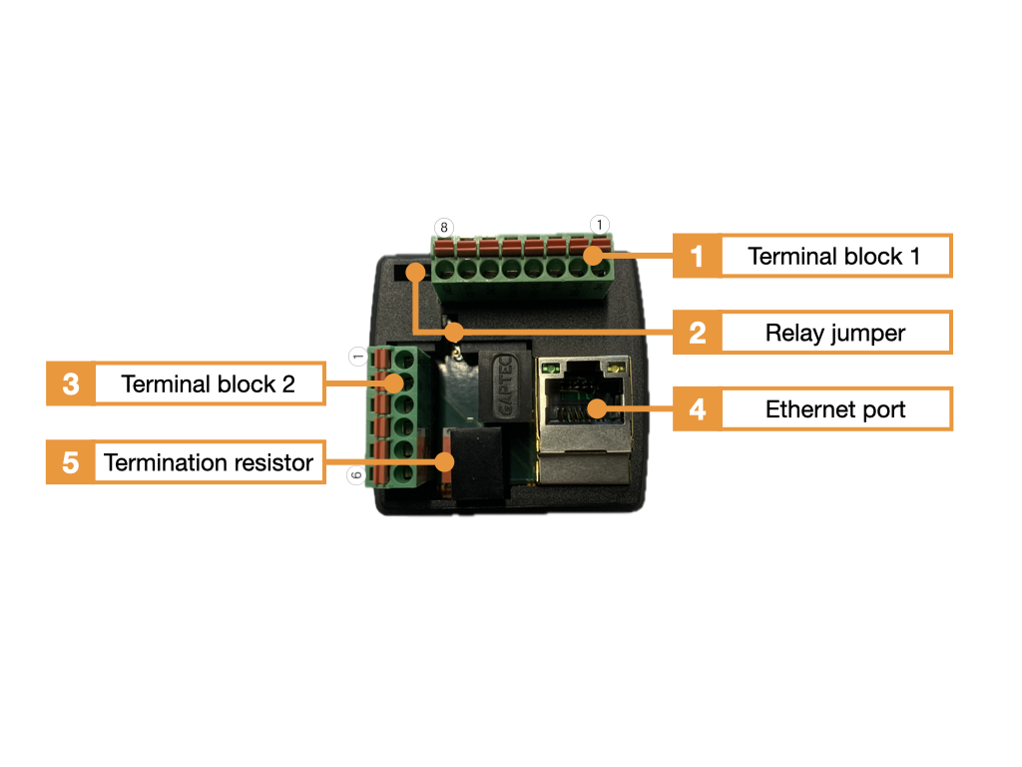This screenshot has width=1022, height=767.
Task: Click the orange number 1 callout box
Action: (x=697, y=256)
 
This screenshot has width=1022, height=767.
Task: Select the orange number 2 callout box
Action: (x=697, y=333)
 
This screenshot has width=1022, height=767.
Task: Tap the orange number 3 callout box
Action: (x=71, y=383)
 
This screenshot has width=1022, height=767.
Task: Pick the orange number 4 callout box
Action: (x=697, y=408)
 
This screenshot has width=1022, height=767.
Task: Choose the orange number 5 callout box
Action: (x=71, y=461)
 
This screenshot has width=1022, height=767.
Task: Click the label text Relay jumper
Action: (x=835, y=334)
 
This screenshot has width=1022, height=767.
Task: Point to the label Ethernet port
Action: (x=835, y=409)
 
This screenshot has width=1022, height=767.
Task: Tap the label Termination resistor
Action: (x=209, y=462)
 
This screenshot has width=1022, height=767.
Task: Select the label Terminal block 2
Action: (x=208, y=384)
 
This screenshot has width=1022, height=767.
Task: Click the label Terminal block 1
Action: (x=833, y=257)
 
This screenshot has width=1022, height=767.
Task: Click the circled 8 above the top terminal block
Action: (x=444, y=227)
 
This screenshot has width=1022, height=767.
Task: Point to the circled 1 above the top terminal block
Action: (x=600, y=225)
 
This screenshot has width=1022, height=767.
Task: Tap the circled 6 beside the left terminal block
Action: (x=355, y=474)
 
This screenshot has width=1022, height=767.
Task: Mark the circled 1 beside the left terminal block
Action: (x=358, y=357)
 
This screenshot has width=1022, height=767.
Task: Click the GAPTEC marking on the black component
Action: (x=505, y=385)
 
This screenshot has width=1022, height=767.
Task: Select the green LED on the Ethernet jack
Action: (x=553, y=370)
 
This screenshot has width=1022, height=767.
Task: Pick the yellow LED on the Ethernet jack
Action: (x=614, y=370)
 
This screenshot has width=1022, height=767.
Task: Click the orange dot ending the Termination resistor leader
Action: (x=444, y=461)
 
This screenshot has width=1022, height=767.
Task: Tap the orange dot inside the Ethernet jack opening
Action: (x=596, y=408)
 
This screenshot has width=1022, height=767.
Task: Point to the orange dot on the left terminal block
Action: (x=393, y=383)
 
